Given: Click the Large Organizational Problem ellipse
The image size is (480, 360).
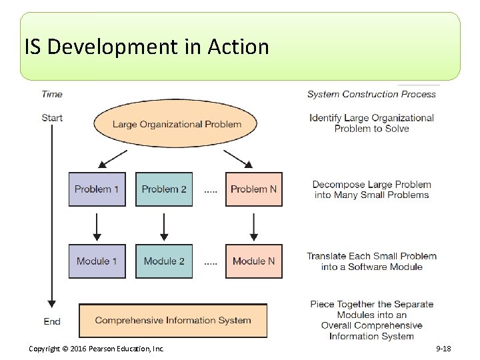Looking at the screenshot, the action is tap(177, 124).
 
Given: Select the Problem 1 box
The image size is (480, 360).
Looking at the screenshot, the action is tap(97, 189).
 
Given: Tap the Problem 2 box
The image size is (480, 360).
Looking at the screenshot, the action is tap(164, 189).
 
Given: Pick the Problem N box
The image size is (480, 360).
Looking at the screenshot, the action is tap(253, 189).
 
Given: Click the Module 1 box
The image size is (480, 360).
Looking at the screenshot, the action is tap(97, 261).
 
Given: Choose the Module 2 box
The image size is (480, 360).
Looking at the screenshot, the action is tap(164, 261).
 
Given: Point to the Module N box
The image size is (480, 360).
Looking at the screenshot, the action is tap(253, 261).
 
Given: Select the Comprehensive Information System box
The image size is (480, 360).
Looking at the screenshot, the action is tap(173, 321).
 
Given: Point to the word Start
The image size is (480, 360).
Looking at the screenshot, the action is tap(52, 118).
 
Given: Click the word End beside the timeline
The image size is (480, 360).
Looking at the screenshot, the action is tap(52, 321).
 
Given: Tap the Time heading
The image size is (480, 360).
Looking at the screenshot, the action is tap(52, 94).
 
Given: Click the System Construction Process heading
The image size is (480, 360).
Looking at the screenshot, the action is tap(371, 94).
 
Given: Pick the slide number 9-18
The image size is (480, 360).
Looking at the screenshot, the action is tap(443, 349).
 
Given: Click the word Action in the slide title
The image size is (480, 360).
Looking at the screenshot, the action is tap(238, 47).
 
